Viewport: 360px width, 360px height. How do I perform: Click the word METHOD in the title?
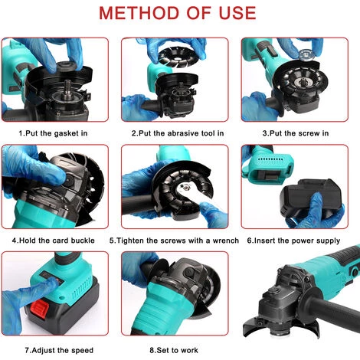pyautogui.click(x=139, y=13)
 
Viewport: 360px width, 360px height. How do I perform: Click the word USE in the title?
pyautogui.click(x=237, y=13)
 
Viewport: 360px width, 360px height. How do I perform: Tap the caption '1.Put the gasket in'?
pyautogui.click(x=53, y=133)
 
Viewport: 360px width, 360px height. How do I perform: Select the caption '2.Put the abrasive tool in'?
pyautogui.click(x=178, y=133)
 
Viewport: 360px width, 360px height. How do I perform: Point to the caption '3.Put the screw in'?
pyautogui.click(x=296, y=133)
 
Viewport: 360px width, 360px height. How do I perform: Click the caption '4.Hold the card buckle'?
pyautogui.click(x=54, y=241)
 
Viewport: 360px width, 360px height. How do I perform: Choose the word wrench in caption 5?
pyautogui.click(x=226, y=241)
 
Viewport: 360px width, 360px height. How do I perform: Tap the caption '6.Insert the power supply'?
pyautogui.click(x=293, y=241)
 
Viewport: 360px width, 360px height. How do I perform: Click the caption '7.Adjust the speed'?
pyautogui.click(x=59, y=350)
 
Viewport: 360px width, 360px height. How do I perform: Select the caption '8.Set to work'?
pyautogui.click(x=174, y=350)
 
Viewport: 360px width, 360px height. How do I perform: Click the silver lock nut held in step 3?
pyautogui.click(x=306, y=56)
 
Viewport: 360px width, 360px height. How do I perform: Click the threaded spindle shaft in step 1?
pyautogui.click(x=68, y=87)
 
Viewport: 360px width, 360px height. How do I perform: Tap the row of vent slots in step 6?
pyautogui.click(x=270, y=159)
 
